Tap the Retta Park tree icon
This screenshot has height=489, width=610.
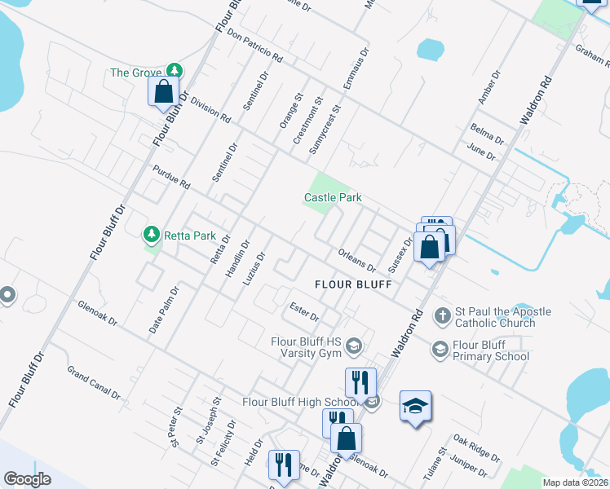(151, 236)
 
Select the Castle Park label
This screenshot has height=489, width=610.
(333, 197)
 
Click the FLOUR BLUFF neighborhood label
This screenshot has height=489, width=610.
(354, 284)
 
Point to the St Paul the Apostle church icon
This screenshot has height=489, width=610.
(441, 315)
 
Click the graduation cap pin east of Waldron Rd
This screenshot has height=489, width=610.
(415, 406)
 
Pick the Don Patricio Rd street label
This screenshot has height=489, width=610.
(255, 47)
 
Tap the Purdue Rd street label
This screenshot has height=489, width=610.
(170, 178)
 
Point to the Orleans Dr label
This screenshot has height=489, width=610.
(356, 260)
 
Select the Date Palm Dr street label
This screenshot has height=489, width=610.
(162, 310)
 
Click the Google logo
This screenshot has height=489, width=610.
(28, 478)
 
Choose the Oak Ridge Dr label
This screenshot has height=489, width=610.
(476, 448)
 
